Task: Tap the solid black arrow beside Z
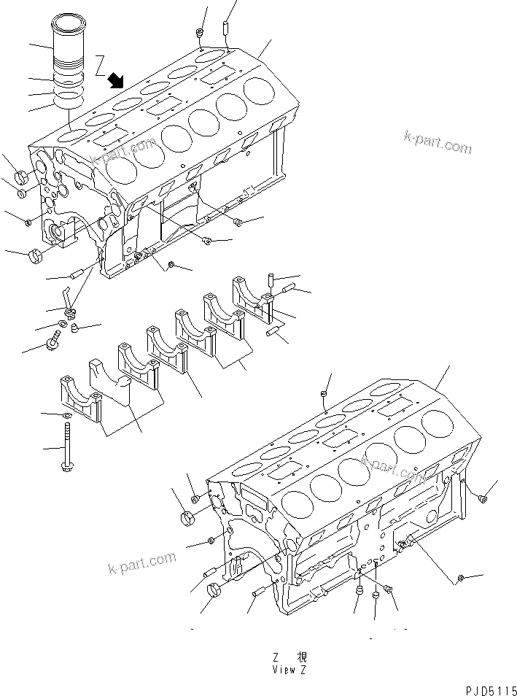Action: [115, 80]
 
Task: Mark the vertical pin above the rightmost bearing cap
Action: [269, 279]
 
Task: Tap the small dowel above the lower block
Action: [323, 395]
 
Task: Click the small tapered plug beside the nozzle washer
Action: [76, 330]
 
